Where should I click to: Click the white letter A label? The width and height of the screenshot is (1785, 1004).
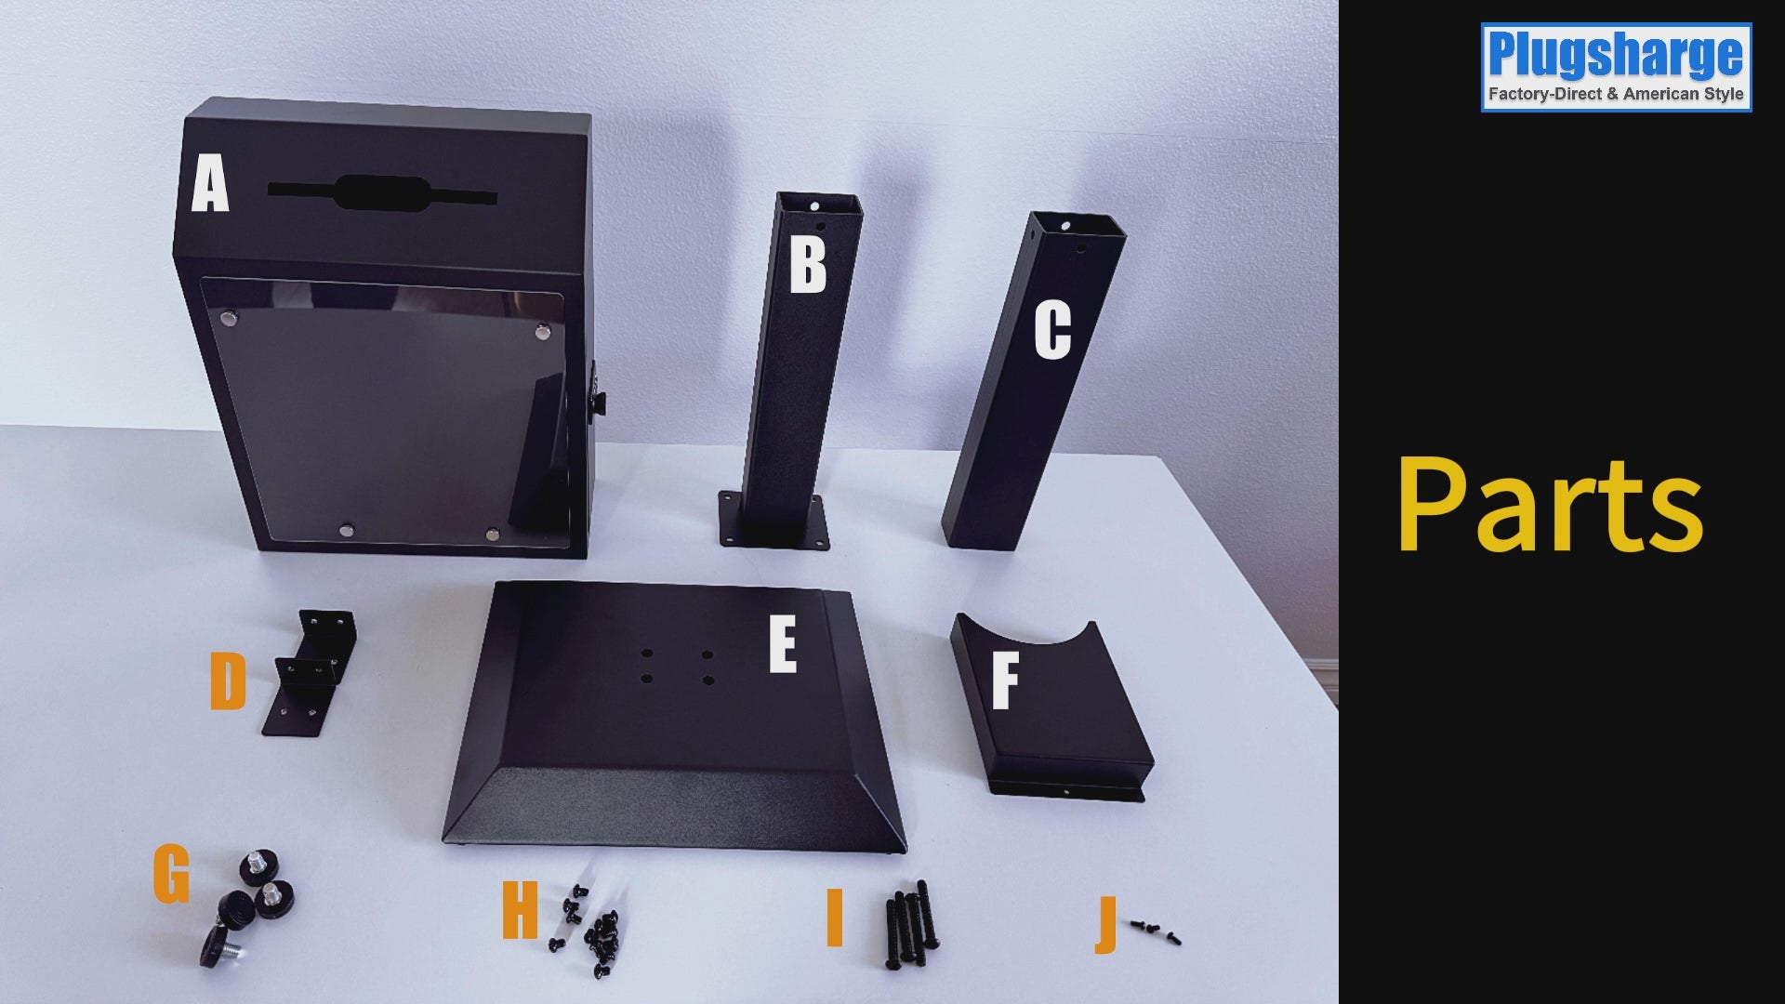point(210,184)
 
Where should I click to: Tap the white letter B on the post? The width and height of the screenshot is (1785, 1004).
point(807,265)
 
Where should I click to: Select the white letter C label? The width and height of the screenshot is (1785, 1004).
point(1053,330)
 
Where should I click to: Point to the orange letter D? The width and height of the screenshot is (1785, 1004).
point(228,680)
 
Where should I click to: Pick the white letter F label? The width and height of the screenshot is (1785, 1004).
point(1005,680)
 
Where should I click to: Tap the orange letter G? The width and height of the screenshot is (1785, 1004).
point(172,874)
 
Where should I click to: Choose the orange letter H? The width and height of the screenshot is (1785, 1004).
point(520,910)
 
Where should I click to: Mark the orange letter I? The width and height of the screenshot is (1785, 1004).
point(834,918)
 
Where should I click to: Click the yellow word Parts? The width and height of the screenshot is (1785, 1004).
point(1550,505)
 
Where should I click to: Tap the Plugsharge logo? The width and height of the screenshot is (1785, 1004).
point(1616,68)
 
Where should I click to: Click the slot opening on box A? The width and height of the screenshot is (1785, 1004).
point(382,193)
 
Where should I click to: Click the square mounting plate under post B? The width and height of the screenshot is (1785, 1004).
point(773,521)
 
